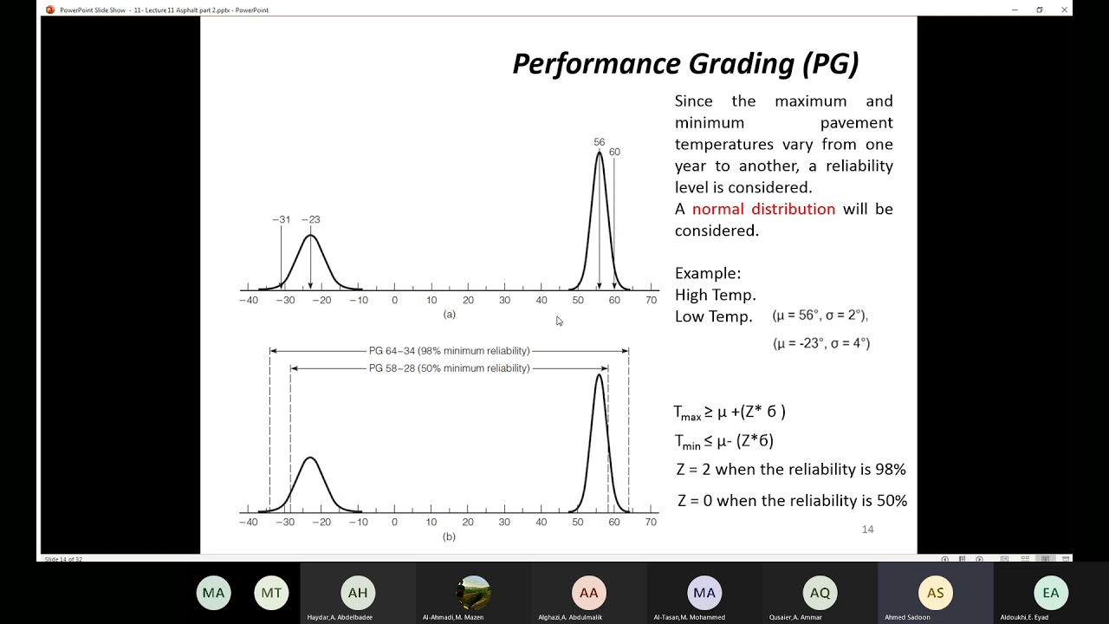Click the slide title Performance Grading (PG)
click(x=685, y=63)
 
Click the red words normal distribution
click(x=763, y=209)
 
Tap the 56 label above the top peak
click(x=600, y=142)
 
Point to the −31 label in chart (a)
click(x=281, y=219)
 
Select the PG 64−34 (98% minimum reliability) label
click(x=449, y=351)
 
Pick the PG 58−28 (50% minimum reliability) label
click(x=449, y=368)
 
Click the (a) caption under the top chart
click(x=449, y=314)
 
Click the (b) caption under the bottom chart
click(x=449, y=536)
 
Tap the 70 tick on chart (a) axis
click(x=651, y=300)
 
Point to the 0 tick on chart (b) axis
click(x=394, y=522)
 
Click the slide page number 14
click(x=867, y=529)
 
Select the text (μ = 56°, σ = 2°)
click(x=820, y=315)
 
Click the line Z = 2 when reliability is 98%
click(x=791, y=470)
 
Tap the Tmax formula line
click(x=730, y=413)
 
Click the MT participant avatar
click(x=271, y=593)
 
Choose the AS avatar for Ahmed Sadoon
click(x=935, y=593)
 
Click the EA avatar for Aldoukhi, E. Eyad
click(x=1051, y=593)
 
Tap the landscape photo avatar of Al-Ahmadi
click(x=473, y=593)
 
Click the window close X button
click(x=1064, y=10)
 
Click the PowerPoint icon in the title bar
click(x=50, y=10)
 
